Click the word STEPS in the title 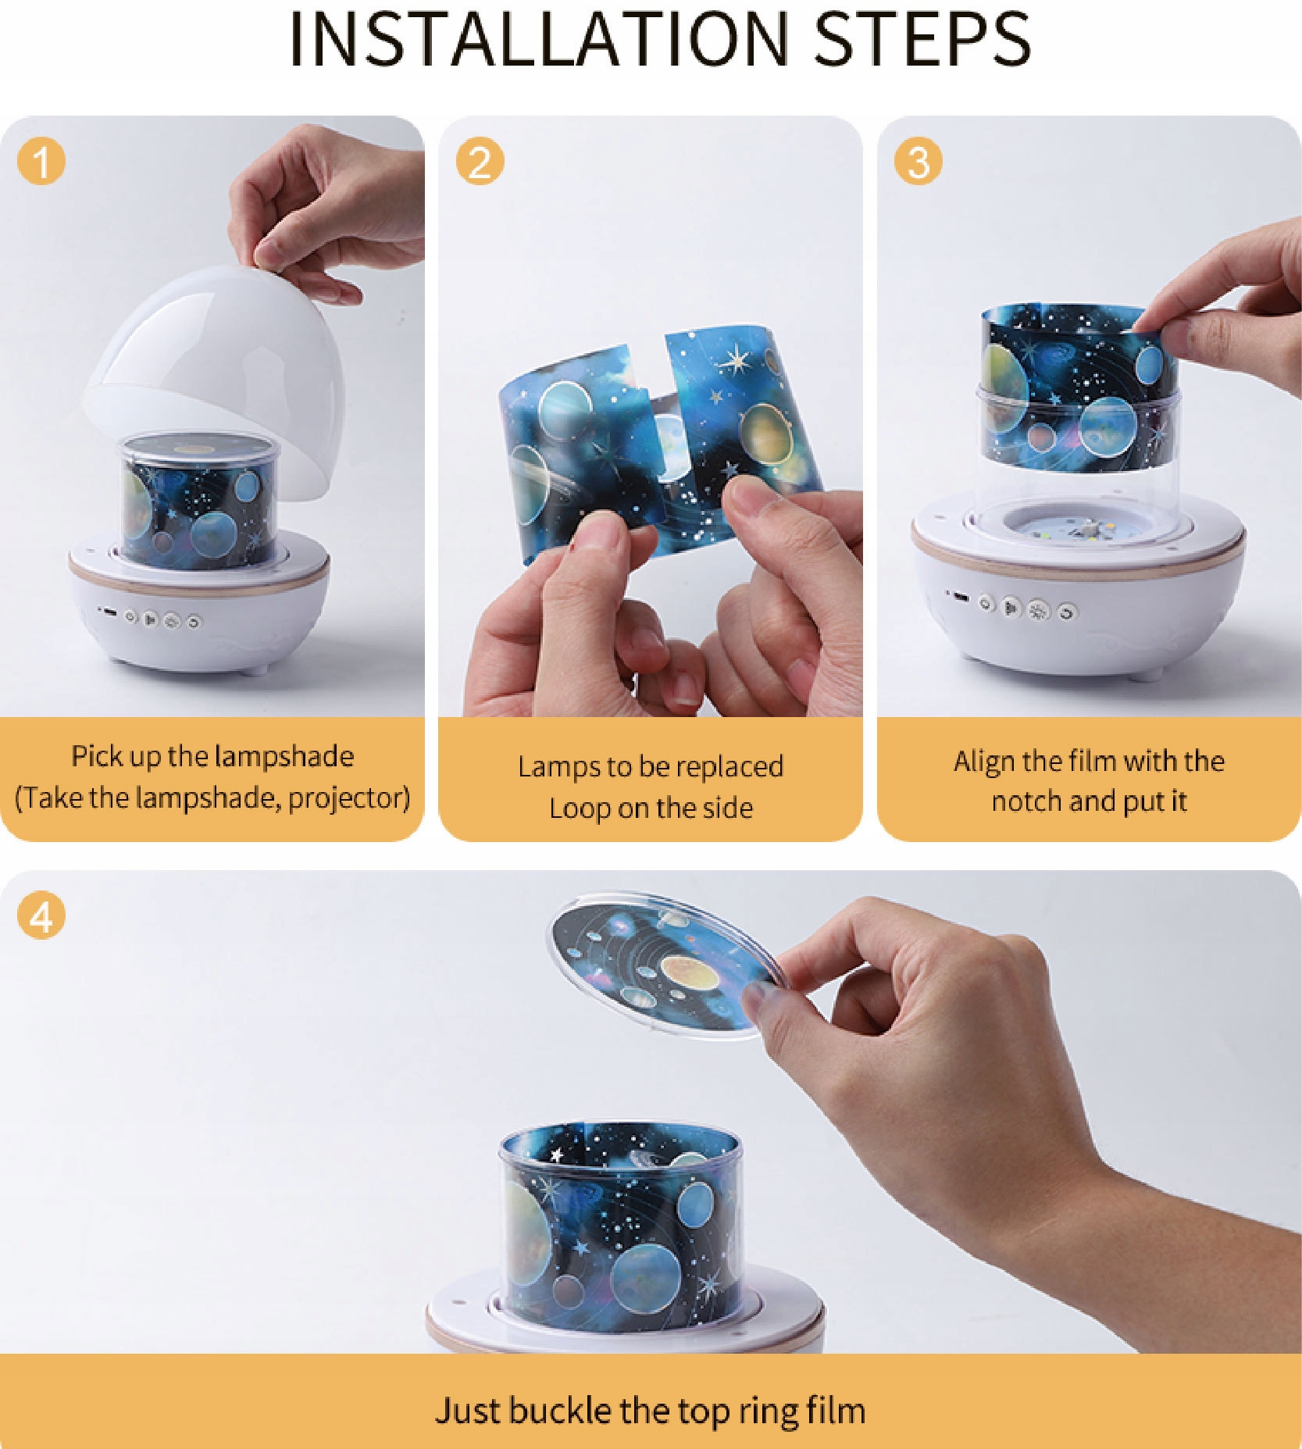point(922,38)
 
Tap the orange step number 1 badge point(41,161)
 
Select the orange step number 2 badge point(480,161)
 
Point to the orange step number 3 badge point(919,161)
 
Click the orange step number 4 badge point(41,915)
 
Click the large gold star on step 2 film point(734,360)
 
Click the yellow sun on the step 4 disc point(690,970)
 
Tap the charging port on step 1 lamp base point(110,612)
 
